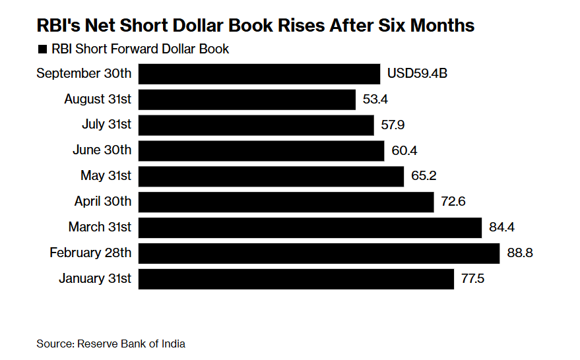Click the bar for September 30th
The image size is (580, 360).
point(259,74)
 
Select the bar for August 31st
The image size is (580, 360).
point(247,100)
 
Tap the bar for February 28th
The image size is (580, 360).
point(319,253)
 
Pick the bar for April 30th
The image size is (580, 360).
point(286,202)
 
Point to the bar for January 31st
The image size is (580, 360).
point(296,279)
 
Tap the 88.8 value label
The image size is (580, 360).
point(519,253)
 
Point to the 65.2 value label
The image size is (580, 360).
point(423,176)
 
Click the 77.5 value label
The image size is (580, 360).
point(473,279)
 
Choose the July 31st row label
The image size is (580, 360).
point(106,125)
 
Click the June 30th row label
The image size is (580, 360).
point(102,150)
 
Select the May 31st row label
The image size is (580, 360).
point(106,176)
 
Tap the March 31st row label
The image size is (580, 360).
point(100,227)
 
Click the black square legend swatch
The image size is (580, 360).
point(43,49)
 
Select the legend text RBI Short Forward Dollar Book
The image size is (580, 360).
point(141,49)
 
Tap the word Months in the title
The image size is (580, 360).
point(441,26)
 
